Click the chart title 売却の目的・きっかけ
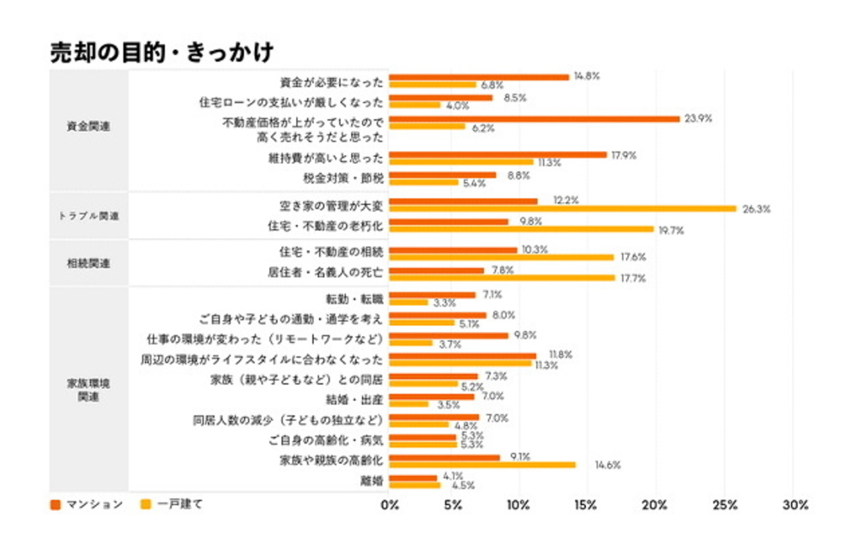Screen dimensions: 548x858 (161, 52)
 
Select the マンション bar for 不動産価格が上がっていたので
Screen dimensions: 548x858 (534, 118)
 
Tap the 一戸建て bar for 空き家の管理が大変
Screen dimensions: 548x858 (562, 208)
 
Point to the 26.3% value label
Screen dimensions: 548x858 (756, 208)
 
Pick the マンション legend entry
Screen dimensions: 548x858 (87, 504)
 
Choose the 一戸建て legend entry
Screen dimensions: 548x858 (172, 504)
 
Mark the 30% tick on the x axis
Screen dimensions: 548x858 (794, 505)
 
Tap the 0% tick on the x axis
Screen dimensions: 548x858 (390, 505)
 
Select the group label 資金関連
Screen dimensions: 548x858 (88, 126)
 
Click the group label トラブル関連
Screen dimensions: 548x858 (88, 215)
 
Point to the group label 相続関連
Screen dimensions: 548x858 (88, 263)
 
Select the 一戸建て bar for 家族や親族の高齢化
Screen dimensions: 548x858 (482, 465)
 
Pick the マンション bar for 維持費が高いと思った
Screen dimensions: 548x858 (498, 155)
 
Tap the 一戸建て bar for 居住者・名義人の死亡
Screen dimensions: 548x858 (502, 278)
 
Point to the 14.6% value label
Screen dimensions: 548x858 (594, 466)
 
